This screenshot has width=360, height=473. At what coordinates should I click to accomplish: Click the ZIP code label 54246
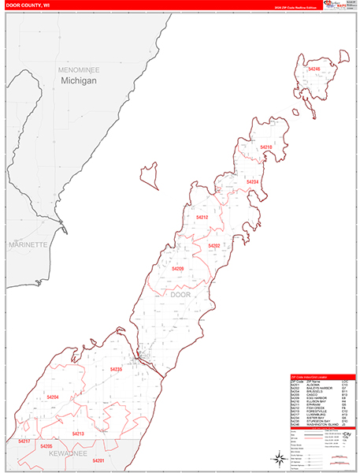tap(314, 69)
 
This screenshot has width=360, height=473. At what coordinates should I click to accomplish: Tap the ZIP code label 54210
tap(265, 147)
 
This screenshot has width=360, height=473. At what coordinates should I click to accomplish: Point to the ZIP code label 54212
tap(202, 217)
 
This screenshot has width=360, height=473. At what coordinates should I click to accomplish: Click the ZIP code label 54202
tap(214, 246)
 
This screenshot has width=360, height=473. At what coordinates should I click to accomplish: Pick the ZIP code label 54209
tap(178, 269)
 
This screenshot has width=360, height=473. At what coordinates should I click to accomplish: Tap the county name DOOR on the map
tap(180, 295)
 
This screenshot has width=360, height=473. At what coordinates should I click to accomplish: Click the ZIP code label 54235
tap(117, 369)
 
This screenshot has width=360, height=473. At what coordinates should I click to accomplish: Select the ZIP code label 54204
tap(53, 397)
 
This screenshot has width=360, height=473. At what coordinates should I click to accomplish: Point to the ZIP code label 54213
tap(78, 434)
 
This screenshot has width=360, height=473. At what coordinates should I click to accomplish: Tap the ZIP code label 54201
tap(98, 460)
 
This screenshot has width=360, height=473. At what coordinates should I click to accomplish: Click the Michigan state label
tap(79, 81)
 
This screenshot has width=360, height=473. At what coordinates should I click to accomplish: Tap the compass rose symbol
tap(279, 458)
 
